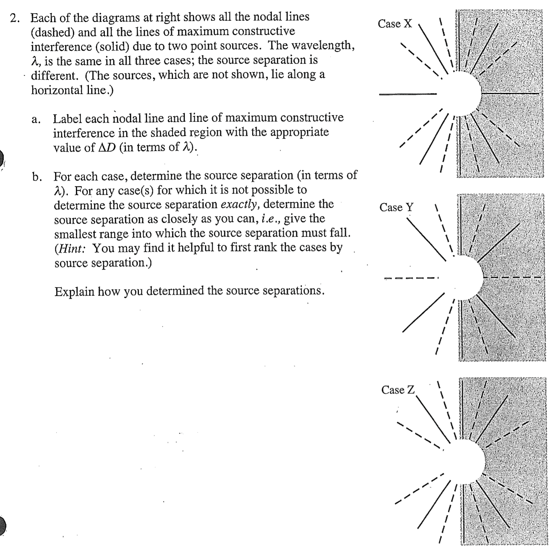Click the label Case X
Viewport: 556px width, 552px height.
click(395, 24)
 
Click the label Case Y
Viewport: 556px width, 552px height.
click(396, 207)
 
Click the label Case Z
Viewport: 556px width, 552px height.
click(398, 390)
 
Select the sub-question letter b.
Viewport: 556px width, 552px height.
click(36, 177)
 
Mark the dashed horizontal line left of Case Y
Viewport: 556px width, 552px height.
click(411, 278)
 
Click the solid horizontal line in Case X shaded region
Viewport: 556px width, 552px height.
click(511, 93)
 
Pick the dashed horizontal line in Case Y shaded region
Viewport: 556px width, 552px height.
click(513, 277)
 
